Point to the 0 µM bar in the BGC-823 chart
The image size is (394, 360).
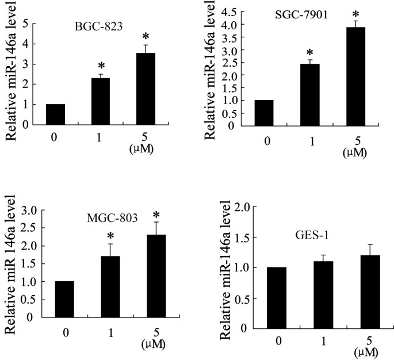[x=56, y=114]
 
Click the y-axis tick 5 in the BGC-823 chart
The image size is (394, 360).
[x=25, y=24]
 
